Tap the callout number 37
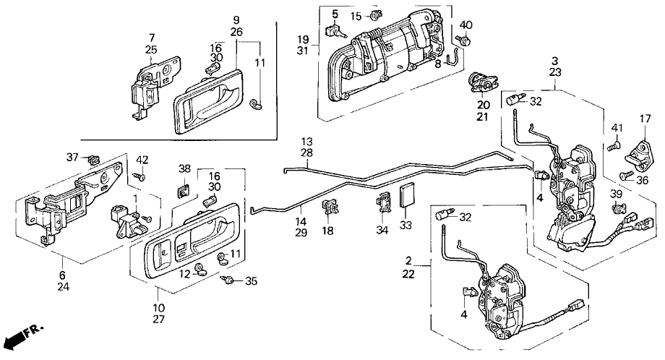[73, 158]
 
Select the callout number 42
[142, 160]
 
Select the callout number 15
[356, 16]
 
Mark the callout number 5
[335, 14]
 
